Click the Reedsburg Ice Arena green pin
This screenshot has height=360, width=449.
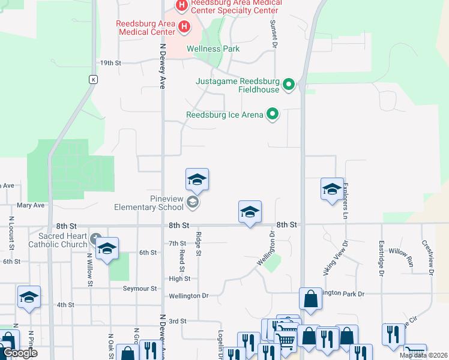[273, 113]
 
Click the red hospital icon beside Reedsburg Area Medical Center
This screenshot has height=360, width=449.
[184, 27]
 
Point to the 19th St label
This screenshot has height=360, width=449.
[110, 63]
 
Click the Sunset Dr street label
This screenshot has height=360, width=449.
[273, 33]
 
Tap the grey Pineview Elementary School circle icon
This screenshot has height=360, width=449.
[192, 202]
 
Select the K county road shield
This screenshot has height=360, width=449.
[93, 79]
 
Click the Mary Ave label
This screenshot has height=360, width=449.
[31, 205]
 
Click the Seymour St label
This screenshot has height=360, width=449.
[140, 289]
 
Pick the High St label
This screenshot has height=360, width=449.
[179, 279]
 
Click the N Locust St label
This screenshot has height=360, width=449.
[11, 229]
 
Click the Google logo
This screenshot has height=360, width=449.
[19, 353]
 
